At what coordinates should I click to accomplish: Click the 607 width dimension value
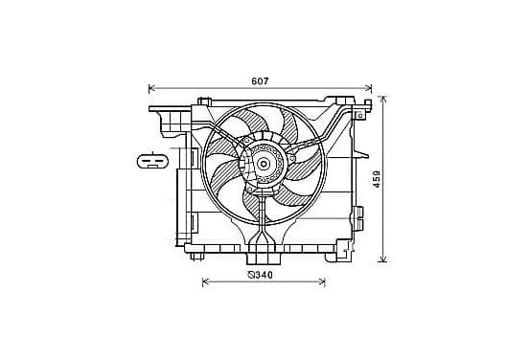pyautogui.click(x=260, y=81)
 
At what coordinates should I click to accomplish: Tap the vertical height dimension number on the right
pyautogui.click(x=377, y=179)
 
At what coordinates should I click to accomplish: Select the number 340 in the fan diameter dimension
pyautogui.click(x=264, y=275)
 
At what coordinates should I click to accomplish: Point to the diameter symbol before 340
pyautogui.click(x=251, y=275)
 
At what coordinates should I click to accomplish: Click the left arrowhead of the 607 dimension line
pyautogui.click(x=151, y=88)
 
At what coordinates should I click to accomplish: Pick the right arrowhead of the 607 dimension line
pyautogui.click(x=368, y=88)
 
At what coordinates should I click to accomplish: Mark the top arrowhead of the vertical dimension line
pyautogui.click(x=382, y=100)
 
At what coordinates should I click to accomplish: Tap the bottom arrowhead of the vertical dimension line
pyautogui.click(x=382, y=259)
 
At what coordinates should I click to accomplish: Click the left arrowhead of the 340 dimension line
pyautogui.click(x=205, y=281)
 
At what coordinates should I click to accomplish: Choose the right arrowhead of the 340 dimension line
pyautogui.click(x=322, y=281)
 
